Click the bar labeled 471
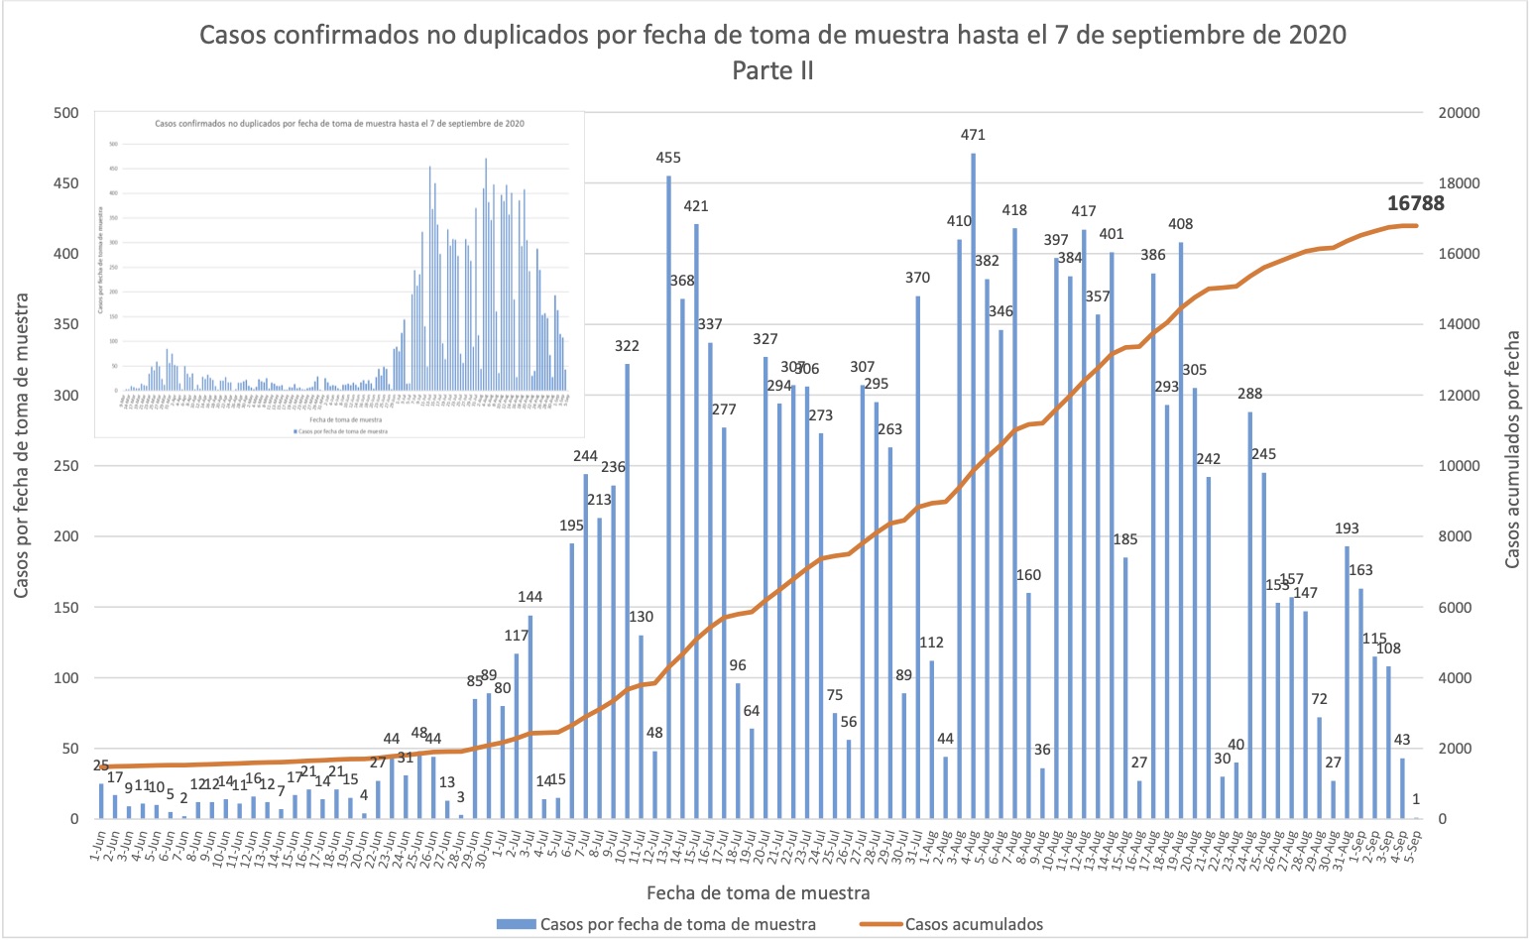click(973, 486)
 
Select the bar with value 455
click(668, 496)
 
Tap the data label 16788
click(1415, 203)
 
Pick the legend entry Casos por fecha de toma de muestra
click(677, 924)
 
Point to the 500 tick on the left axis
click(65, 113)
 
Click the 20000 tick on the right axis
click(1459, 113)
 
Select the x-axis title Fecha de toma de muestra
click(758, 892)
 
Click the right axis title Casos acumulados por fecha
click(1512, 449)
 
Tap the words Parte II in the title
click(772, 71)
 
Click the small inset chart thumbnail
click(338, 274)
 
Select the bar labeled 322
click(627, 591)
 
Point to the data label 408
click(1180, 224)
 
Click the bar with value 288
click(1249, 615)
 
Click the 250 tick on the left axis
click(65, 466)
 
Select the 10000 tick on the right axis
click(1459, 466)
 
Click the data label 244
click(585, 456)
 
